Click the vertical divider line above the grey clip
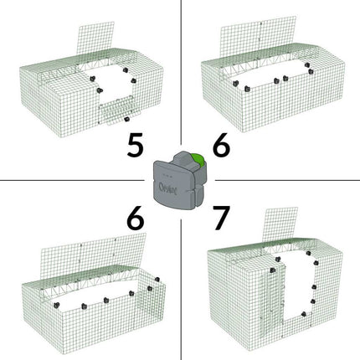180,67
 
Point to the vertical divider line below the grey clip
180,285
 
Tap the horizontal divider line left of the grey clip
67,179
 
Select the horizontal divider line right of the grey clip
285,179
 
